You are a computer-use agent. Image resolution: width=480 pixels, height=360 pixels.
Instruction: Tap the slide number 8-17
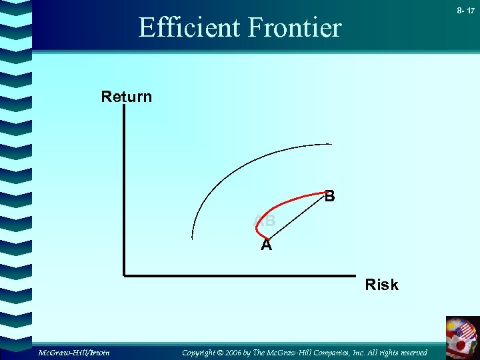coord(466,11)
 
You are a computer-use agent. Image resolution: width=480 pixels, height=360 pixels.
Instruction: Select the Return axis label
coord(127,97)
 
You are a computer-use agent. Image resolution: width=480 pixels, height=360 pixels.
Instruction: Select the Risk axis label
coord(381,285)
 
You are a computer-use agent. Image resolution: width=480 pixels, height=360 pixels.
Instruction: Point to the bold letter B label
coord(329,197)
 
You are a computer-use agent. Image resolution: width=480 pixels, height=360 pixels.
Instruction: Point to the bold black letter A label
coord(266,245)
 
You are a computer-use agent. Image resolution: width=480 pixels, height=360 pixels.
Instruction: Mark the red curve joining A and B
coord(287,204)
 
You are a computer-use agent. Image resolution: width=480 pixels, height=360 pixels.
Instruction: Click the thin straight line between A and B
coord(297,216)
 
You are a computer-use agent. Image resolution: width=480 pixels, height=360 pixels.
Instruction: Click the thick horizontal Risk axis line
coord(240,275)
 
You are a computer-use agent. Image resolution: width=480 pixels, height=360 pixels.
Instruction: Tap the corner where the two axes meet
coord(125,275)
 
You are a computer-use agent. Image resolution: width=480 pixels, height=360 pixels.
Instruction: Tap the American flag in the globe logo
coord(464,331)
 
